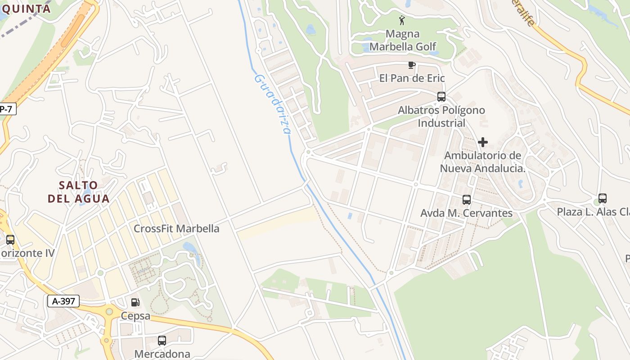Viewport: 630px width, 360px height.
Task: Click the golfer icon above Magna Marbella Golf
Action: (x=402, y=20)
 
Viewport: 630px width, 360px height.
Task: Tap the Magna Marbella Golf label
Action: (x=403, y=40)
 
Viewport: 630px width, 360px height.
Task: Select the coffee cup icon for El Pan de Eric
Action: (x=411, y=65)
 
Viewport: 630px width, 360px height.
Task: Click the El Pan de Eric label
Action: (x=412, y=78)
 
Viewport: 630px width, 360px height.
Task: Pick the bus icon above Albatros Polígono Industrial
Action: (x=441, y=97)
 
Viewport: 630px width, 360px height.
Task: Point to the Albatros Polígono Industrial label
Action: (x=441, y=117)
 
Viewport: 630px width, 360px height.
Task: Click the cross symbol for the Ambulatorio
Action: (x=483, y=143)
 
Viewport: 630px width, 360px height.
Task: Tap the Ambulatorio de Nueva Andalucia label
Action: (x=483, y=162)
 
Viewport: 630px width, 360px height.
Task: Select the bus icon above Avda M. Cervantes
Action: (x=467, y=199)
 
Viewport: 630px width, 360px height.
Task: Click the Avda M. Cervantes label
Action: (x=466, y=213)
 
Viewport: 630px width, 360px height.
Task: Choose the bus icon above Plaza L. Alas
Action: (x=603, y=198)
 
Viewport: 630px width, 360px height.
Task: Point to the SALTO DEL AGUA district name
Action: (x=79, y=192)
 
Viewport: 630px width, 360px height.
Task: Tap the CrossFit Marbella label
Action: (x=176, y=229)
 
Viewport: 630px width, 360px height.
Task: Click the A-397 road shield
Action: (x=63, y=301)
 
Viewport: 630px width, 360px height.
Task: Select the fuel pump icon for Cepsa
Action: (x=135, y=303)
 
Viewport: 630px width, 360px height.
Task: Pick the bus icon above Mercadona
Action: (x=162, y=341)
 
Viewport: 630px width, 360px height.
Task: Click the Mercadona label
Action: (x=162, y=354)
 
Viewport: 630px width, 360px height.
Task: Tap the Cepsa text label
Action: (x=135, y=316)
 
